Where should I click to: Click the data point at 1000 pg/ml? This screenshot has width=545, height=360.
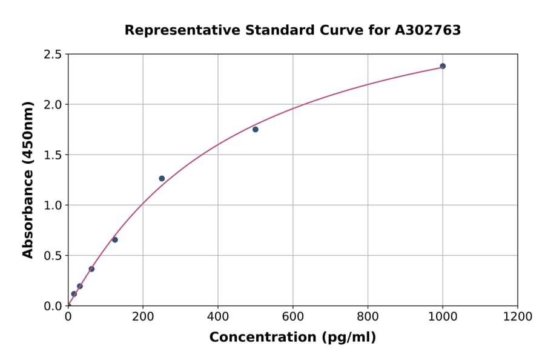(x=443, y=66)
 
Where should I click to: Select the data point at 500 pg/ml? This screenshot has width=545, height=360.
(x=256, y=129)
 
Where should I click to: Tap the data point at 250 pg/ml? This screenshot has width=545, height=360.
(x=162, y=178)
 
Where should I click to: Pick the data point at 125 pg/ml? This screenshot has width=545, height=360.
(x=115, y=239)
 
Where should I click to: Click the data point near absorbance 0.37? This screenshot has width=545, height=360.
(x=91, y=268)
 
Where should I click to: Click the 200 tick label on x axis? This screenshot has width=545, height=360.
(x=143, y=316)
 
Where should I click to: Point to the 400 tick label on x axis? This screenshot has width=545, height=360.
(x=218, y=316)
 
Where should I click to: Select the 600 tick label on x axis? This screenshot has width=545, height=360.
(x=293, y=316)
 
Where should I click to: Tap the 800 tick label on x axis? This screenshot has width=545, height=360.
(x=368, y=316)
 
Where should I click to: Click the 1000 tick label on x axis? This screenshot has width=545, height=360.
(x=443, y=316)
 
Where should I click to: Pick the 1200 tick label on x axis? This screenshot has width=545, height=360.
(x=518, y=316)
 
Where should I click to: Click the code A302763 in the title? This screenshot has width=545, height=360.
(x=428, y=30)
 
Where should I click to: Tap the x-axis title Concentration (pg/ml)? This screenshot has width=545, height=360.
(x=292, y=338)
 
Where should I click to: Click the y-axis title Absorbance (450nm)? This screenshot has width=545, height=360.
(x=28, y=179)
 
